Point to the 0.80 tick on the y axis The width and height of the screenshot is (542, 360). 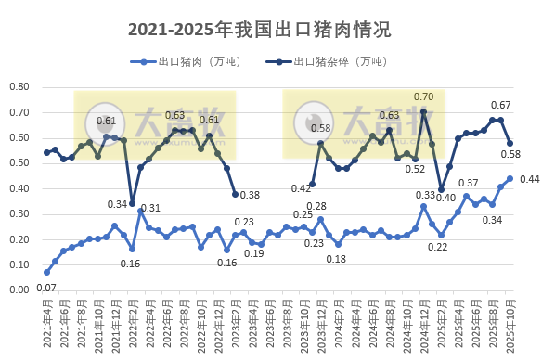pyautogui.click(x=19, y=87)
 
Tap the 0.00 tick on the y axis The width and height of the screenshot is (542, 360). pyautogui.click(x=19, y=289)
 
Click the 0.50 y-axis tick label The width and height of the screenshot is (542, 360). pyautogui.click(x=19, y=163)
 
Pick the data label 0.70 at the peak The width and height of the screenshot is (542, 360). pyautogui.click(x=423, y=96)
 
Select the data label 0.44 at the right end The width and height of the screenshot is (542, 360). pyautogui.click(x=530, y=179)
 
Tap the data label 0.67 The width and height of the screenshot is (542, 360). pyautogui.click(x=501, y=105)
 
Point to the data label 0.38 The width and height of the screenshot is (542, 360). pyautogui.click(x=250, y=195)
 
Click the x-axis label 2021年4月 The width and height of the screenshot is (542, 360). pyautogui.click(x=45, y=325)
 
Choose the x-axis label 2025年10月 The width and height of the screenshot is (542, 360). pyautogui.click(x=509, y=325)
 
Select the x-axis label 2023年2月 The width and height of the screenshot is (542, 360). pyautogui.click(x=235, y=325)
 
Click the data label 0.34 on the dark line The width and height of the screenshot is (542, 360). pyautogui.click(x=118, y=204)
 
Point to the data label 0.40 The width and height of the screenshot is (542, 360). pyautogui.click(x=445, y=198)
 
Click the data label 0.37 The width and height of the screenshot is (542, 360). pyautogui.click(x=469, y=184)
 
